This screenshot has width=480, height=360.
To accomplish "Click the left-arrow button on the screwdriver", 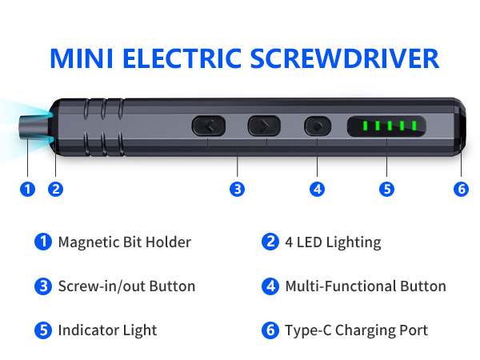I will (x=208, y=126).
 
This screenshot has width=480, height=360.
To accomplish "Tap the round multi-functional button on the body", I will (x=318, y=126).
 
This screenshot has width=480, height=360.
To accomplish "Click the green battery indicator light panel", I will (x=387, y=126).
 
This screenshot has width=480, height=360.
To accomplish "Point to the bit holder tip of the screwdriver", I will (x=32, y=126).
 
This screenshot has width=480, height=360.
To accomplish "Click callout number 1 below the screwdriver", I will (x=28, y=189).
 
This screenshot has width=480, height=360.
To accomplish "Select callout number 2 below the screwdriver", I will (x=55, y=189).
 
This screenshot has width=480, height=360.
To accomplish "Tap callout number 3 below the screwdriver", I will (x=237, y=189).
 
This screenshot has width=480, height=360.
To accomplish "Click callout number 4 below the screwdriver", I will (x=318, y=189).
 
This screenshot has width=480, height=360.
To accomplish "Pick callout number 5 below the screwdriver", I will (x=387, y=189).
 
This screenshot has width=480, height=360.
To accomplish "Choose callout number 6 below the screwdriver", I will (x=460, y=189).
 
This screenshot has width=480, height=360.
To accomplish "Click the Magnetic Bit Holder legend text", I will (x=124, y=242).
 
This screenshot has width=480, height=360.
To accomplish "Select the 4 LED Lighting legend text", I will (x=333, y=242).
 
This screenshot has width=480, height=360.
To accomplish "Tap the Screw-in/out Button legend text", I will (x=126, y=286).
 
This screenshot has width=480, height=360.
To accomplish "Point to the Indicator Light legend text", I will (x=107, y=330).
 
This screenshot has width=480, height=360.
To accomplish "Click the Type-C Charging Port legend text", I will (x=356, y=330).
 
